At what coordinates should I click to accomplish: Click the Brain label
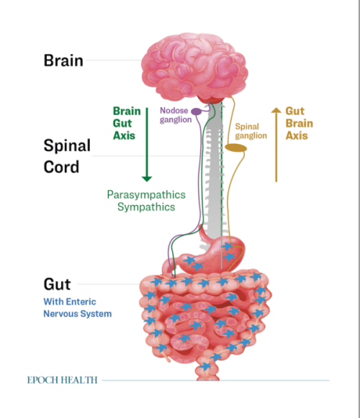pos(63,60)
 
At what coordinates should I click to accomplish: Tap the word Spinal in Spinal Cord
pos(67,146)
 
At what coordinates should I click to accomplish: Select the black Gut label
pos(57,284)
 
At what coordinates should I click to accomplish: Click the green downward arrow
pos(147,145)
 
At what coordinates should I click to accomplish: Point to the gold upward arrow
pos(276,145)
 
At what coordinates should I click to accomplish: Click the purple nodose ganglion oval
pos(197,112)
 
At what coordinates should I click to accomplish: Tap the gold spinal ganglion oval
pos(235,147)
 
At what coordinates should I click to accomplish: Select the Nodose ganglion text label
pos(176,115)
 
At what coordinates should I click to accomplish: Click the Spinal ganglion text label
pos(251,131)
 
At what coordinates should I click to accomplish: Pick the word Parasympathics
pos(146,194)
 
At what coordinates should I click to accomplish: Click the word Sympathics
pos(146,207)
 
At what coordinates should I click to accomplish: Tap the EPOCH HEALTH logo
pos(63,380)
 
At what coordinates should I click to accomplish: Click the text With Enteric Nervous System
pos(77,308)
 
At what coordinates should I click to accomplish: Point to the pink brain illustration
pos(194,67)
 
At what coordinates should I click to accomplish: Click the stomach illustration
pos(211,253)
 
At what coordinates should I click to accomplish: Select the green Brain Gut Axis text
pos(127,123)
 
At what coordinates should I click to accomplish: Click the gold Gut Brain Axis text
pos(299,123)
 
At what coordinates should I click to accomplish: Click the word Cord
pos(61,167)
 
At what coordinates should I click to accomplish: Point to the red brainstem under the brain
pos(210,99)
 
